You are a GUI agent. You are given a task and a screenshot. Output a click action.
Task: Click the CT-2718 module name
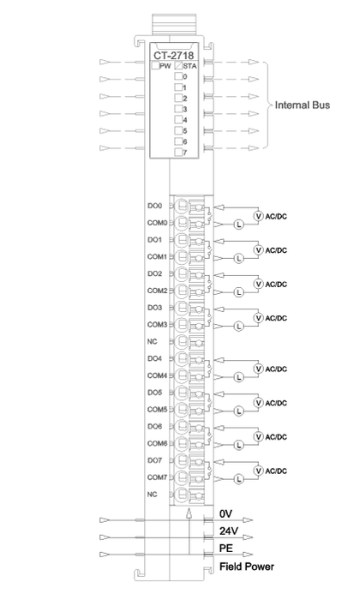click(174, 55)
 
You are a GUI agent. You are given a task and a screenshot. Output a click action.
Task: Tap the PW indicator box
click(155, 65)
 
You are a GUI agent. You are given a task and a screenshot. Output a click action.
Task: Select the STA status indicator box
click(178, 65)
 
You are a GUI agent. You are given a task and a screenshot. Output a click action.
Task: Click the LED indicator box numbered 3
click(178, 109)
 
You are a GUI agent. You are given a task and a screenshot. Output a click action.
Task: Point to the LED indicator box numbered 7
click(178, 153)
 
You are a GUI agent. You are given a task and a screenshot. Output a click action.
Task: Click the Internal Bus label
click(303, 105)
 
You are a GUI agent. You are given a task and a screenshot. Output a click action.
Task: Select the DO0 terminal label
click(155, 206)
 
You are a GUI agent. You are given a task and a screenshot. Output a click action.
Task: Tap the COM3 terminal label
click(157, 325)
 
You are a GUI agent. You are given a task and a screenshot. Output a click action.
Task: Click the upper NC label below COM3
click(153, 341)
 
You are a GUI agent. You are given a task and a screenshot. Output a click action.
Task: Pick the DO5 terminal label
click(155, 393)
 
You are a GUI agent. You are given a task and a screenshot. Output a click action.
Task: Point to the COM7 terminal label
click(157, 477)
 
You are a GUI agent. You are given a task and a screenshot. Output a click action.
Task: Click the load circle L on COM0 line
click(239, 225)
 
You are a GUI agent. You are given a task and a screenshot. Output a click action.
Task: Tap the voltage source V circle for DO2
click(259, 284)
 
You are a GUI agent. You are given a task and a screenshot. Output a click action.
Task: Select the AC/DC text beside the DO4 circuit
click(276, 369)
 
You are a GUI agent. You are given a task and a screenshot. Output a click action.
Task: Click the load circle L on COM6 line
click(239, 445)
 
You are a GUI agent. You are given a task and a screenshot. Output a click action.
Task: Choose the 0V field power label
click(225, 513)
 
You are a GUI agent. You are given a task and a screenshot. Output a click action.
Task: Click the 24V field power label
click(229, 531)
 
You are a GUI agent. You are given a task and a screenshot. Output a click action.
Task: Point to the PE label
click(226, 548)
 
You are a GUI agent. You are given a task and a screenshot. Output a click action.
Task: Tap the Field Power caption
click(247, 567)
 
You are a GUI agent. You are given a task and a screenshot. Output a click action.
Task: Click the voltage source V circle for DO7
click(259, 471)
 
